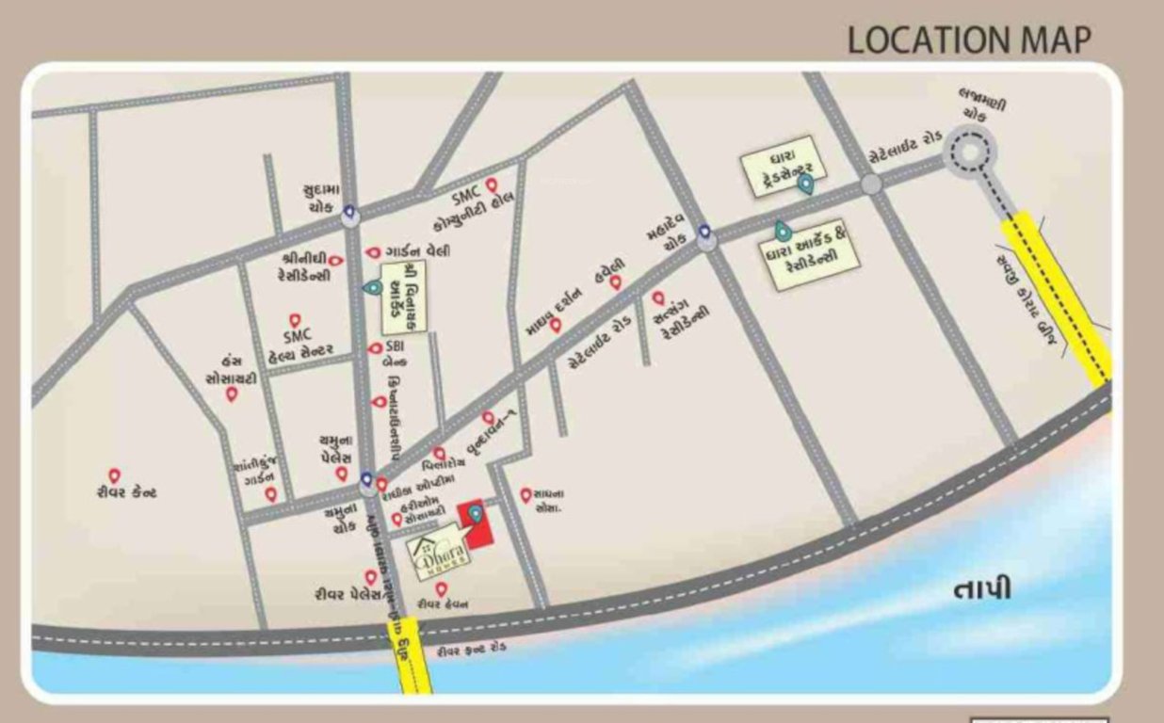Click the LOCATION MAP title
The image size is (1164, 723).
coord(969,40)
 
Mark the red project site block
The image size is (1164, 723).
coord(477,522)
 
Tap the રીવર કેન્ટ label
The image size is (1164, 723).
coord(125,492)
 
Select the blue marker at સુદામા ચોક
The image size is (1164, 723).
coord(349,213)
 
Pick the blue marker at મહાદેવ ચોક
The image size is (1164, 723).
coord(703,231)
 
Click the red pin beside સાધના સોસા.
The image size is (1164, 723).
coord(525,493)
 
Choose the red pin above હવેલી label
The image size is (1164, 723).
coord(615,281)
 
